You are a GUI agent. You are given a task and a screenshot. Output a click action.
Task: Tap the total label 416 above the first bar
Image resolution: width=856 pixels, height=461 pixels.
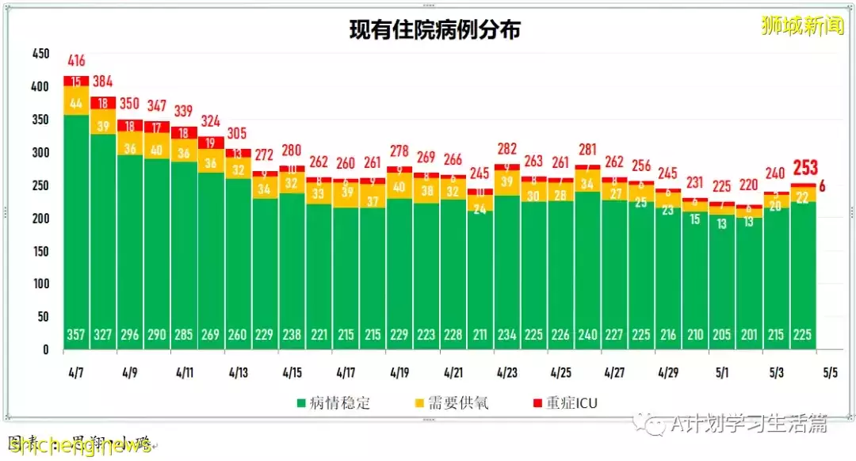tap(76, 61)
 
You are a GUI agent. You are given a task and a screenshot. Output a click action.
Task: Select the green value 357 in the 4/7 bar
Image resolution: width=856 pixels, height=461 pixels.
tap(76, 334)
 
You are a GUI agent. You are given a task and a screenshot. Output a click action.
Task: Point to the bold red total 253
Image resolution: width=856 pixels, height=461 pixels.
tap(804, 167)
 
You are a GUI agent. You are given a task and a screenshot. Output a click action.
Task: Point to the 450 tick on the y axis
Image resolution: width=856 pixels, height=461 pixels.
tap(40, 54)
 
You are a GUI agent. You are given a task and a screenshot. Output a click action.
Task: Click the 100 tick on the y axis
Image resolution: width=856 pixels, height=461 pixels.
tap(40, 284)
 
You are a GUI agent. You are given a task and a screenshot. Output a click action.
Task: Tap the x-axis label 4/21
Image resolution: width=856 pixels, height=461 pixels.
tap(453, 371)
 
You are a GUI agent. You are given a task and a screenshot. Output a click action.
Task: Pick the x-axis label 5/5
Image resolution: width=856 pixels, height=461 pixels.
tap(831, 371)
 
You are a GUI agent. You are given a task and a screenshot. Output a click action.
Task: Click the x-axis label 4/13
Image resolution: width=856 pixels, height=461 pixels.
tap(238, 371)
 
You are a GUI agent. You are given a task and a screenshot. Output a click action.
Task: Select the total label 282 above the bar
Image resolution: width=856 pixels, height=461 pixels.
tap(506, 148)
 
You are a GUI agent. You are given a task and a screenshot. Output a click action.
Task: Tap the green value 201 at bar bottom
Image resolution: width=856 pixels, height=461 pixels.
tap(748, 334)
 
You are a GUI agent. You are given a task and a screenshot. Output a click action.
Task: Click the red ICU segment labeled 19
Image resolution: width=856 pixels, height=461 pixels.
tap(211, 143)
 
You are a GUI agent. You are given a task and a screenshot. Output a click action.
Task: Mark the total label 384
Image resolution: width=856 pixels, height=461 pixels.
tap(103, 82)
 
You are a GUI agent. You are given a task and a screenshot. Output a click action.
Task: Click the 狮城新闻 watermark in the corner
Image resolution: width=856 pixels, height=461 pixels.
tap(802, 25)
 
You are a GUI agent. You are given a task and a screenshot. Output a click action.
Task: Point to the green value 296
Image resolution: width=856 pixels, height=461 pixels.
tap(130, 334)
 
